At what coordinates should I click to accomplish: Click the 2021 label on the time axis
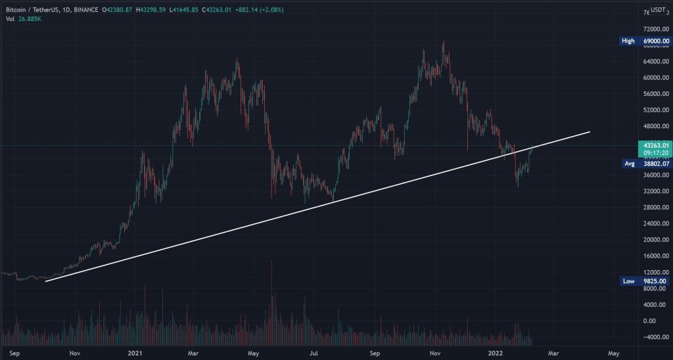click(x=136, y=353)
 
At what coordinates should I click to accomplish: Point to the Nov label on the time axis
click(x=75, y=353)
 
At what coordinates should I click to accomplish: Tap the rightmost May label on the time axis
click(x=613, y=353)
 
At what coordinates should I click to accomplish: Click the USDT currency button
click(x=658, y=11)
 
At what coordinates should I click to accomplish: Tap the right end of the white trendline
click(x=590, y=132)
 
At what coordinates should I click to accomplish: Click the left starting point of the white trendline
click(x=45, y=281)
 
